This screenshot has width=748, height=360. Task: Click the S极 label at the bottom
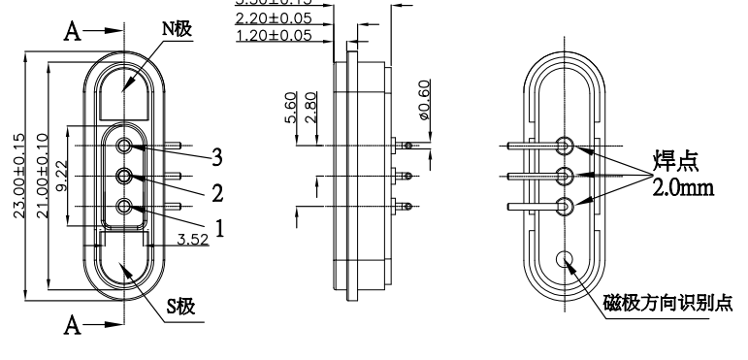pyautogui.click(x=180, y=308)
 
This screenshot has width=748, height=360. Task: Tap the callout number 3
pyautogui.click(x=220, y=156)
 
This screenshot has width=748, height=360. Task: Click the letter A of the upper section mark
pyautogui.click(x=70, y=32)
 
